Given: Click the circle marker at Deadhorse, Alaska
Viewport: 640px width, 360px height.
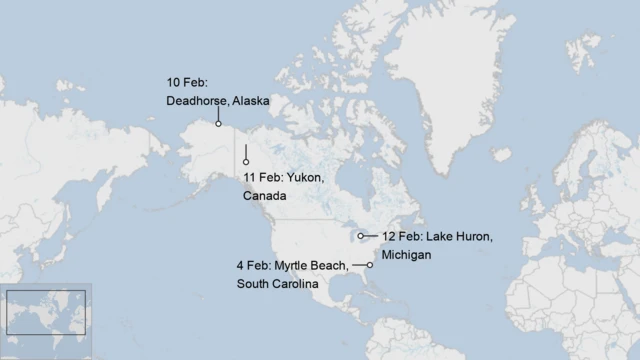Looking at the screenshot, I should pyautogui.click(x=218, y=124).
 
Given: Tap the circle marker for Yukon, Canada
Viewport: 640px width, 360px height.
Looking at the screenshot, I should pyautogui.click(x=246, y=162).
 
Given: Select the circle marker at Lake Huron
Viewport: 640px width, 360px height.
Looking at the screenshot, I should pyautogui.click(x=361, y=236).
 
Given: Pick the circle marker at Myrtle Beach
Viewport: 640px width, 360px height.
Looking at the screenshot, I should pyautogui.click(x=370, y=265).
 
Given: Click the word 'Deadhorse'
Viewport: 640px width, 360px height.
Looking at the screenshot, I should pyautogui.click(x=199, y=101).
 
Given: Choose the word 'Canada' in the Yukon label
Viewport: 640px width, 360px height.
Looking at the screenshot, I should pyautogui.click(x=264, y=196).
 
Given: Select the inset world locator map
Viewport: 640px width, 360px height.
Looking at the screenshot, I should pyautogui.click(x=46, y=312).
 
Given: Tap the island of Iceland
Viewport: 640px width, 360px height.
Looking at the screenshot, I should pyautogui.click(x=501, y=155).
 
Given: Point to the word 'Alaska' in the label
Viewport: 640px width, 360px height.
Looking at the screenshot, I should pyautogui.click(x=251, y=101).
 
